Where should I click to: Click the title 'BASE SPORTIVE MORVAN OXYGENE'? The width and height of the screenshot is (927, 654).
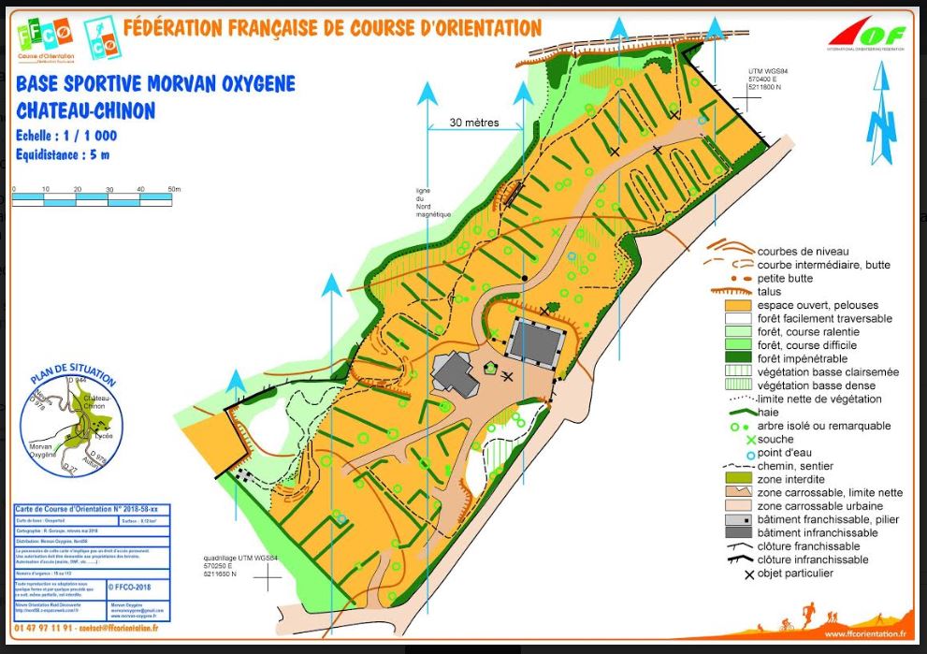tap(155, 85)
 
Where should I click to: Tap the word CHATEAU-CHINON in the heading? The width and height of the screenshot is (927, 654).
tap(86, 110)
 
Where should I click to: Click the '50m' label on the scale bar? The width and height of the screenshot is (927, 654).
tap(174, 190)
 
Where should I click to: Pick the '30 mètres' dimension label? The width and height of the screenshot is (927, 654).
tap(473, 123)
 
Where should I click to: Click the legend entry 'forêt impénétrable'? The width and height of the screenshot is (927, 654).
tap(803, 358)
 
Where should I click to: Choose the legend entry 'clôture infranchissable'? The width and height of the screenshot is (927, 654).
tap(813, 560)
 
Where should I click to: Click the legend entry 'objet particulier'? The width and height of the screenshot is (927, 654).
tap(795, 573)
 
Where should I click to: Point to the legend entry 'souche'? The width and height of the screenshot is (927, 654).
tap(776, 439)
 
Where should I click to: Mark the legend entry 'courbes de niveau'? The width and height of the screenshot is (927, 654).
tap(803, 251)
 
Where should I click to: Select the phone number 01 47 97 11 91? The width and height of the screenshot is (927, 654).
tap(45, 629)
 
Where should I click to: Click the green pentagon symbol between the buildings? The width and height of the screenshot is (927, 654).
tap(489, 368)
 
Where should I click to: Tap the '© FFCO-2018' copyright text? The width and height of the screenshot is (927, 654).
tap(131, 589)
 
